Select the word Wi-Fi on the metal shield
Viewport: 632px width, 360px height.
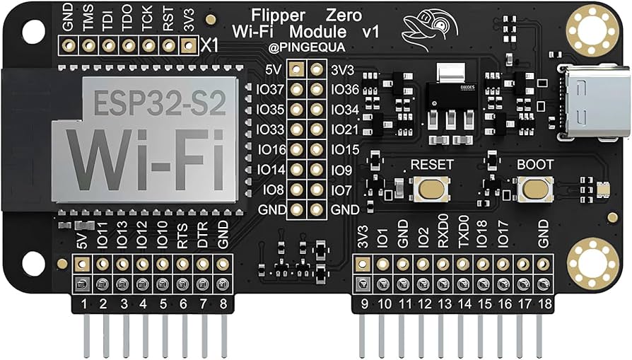coord(149,155)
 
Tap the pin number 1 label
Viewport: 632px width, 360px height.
coord(83,306)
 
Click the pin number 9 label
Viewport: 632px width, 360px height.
coord(363,306)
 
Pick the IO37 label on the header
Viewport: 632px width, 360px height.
coord(271,89)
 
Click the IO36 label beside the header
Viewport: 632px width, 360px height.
coord(346,89)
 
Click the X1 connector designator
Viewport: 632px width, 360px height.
coord(210,45)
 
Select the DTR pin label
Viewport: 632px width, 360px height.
coord(203,238)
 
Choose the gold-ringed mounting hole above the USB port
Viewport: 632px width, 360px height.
coord(592,28)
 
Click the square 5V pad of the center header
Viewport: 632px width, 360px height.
coord(298,69)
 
